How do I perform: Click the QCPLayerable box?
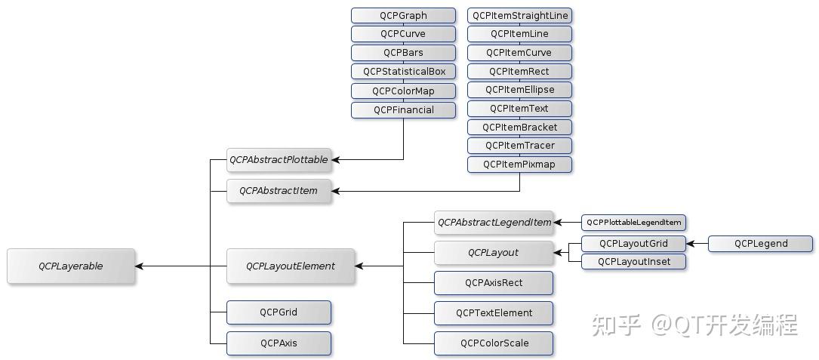[71, 266]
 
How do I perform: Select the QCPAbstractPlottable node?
[279, 160]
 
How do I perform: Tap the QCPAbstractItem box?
[279, 191]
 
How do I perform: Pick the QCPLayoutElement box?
[290, 266]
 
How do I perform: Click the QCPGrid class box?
[279, 312]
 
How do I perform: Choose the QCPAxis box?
[279, 343]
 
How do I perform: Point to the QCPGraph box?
[403, 15]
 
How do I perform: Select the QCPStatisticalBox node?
[403, 72]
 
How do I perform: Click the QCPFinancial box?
[403, 109]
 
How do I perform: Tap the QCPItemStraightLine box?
[519, 15]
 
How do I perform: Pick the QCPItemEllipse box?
[519, 90]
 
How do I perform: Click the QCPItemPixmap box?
[519, 164]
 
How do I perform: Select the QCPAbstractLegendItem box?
[494, 223]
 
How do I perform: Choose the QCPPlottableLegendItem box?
[633, 223]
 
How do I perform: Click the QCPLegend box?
[760, 243]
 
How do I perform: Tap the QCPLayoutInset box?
[633, 262]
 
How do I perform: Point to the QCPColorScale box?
[494, 343]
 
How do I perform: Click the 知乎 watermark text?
[617, 325]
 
